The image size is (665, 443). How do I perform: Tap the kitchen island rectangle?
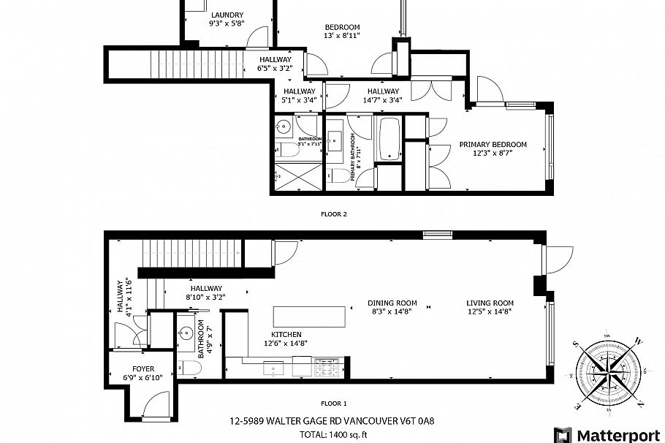[309, 317]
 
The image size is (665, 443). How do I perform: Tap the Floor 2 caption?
[334, 215]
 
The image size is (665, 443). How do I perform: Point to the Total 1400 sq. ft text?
[333, 434]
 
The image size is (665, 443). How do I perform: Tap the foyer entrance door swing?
[156, 404]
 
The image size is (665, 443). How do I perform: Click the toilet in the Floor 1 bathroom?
[189, 368]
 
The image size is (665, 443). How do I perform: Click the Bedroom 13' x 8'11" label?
[342, 31]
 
